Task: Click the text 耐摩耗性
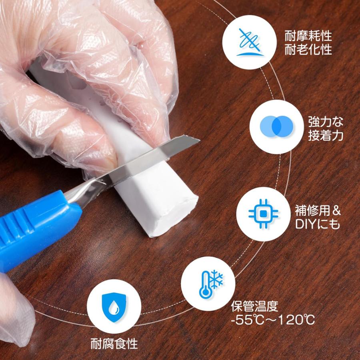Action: click(308, 36)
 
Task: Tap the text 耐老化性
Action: click(308, 50)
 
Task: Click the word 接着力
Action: click(326, 135)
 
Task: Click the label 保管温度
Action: click(254, 306)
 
